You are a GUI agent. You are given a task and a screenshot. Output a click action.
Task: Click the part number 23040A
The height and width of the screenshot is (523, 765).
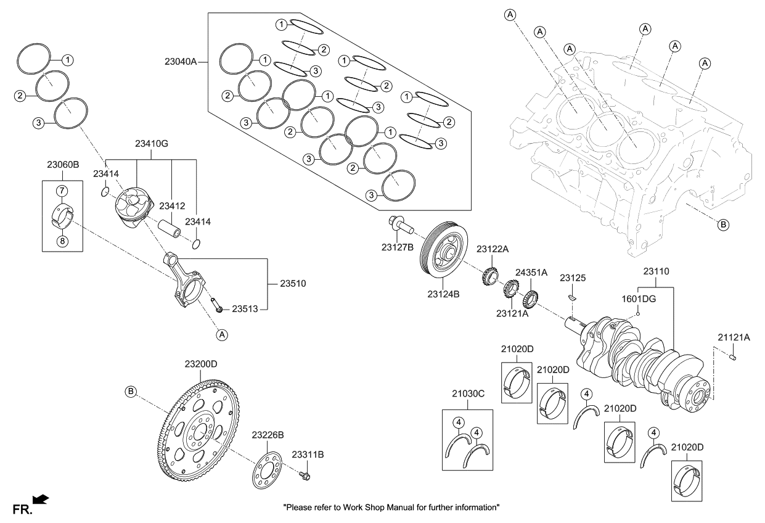coord(181,62)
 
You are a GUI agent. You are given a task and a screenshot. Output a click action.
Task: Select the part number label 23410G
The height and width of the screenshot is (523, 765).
coord(152,144)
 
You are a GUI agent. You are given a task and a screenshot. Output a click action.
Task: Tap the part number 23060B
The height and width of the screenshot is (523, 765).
coord(63,165)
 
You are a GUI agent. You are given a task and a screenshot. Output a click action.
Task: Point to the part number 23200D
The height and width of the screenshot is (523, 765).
coord(201,364)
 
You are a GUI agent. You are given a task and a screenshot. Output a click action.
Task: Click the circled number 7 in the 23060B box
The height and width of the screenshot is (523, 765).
coord(62,189)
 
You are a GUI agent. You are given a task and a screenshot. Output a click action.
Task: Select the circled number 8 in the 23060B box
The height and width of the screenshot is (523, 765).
coord(62,241)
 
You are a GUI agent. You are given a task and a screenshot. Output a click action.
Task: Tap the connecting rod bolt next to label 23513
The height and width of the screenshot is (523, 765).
coord(215,303)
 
